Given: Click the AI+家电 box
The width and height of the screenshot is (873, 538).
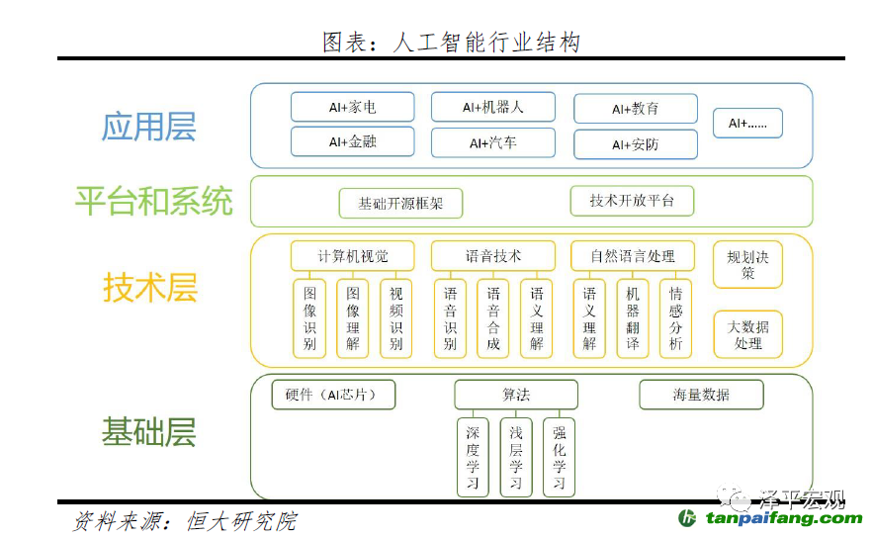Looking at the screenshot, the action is pos(352,107).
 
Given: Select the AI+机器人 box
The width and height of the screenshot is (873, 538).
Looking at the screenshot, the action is pos(493,107).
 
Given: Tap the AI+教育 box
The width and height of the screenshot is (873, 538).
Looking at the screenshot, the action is pos(636,109).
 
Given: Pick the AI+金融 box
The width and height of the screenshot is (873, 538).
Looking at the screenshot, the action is pos(352,142).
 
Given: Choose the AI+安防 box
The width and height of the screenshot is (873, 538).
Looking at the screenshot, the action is pos(636,144).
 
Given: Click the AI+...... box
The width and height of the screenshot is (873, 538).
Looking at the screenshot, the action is pos(747,123).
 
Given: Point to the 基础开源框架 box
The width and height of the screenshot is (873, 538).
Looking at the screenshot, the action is pos(400,204).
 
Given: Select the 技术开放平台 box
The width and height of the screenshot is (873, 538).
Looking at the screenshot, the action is pos(632,201).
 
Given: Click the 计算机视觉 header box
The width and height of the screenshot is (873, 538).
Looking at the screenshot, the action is pos(352,256).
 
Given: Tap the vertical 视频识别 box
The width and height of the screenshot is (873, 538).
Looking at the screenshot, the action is pos(395,318).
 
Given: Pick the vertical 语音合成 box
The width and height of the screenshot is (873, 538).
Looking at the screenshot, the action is pos(493,318).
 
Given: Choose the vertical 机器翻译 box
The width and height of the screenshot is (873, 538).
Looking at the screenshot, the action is pos(633,318).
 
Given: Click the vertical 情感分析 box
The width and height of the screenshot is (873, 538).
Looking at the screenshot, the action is pos(675,318).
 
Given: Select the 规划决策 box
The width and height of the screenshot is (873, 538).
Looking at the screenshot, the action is pos(747,264).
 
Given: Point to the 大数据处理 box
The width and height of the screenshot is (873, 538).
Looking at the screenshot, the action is pos(747,334).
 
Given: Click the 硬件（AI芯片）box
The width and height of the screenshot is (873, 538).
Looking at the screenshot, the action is pos(333,395).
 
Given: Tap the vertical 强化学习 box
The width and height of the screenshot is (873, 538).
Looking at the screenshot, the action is pos(559,457).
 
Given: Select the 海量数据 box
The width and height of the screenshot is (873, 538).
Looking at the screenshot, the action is pos(701,395).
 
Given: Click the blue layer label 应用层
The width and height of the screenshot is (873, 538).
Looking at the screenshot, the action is pos(148,127).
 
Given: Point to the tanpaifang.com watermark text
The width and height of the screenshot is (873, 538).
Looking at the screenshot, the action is pos(784,518).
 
